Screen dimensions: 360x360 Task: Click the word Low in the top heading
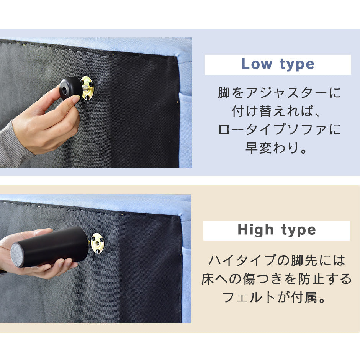click(257, 64)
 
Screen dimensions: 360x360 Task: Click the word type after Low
click(297, 65)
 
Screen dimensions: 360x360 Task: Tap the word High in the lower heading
click(255, 230)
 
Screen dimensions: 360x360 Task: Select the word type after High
click(299, 231)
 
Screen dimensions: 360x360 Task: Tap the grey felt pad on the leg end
click(17, 255)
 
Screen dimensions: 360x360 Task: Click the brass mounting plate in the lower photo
click(97, 243)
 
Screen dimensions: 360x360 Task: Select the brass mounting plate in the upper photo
click(88, 88)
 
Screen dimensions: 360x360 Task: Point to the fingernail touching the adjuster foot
click(77, 99)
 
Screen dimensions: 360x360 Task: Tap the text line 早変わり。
click(277, 148)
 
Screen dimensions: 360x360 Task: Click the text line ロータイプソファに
click(279, 130)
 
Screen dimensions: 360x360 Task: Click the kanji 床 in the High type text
click(208, 279)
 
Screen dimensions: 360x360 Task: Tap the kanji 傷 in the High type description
click(249, 279)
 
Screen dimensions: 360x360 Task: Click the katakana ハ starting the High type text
click(215, 261)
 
